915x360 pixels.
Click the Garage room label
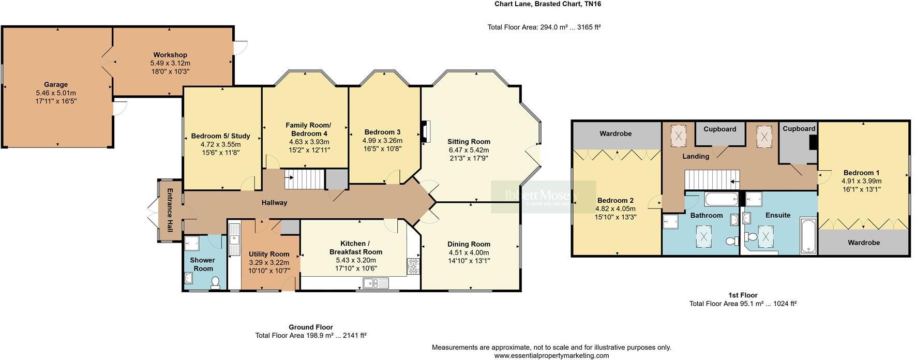[56, 84]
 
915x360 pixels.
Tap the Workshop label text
[170, 55]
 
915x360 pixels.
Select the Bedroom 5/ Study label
[221, 136]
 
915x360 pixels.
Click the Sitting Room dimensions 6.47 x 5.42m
[469, 150]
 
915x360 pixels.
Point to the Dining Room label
[469, 244]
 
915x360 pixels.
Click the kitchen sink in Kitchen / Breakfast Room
[376, 283]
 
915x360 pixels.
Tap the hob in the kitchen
[414, 266]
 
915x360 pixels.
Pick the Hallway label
[274, 203]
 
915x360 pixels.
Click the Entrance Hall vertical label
[169, 209]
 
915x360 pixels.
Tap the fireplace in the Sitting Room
[425, 131]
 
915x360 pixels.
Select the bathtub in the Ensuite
[808, 236]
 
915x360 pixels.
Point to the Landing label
[696, 156]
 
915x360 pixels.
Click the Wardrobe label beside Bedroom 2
[616, 133]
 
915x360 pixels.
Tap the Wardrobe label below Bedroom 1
[864, 243]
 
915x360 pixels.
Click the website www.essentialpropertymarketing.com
[552, 356]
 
